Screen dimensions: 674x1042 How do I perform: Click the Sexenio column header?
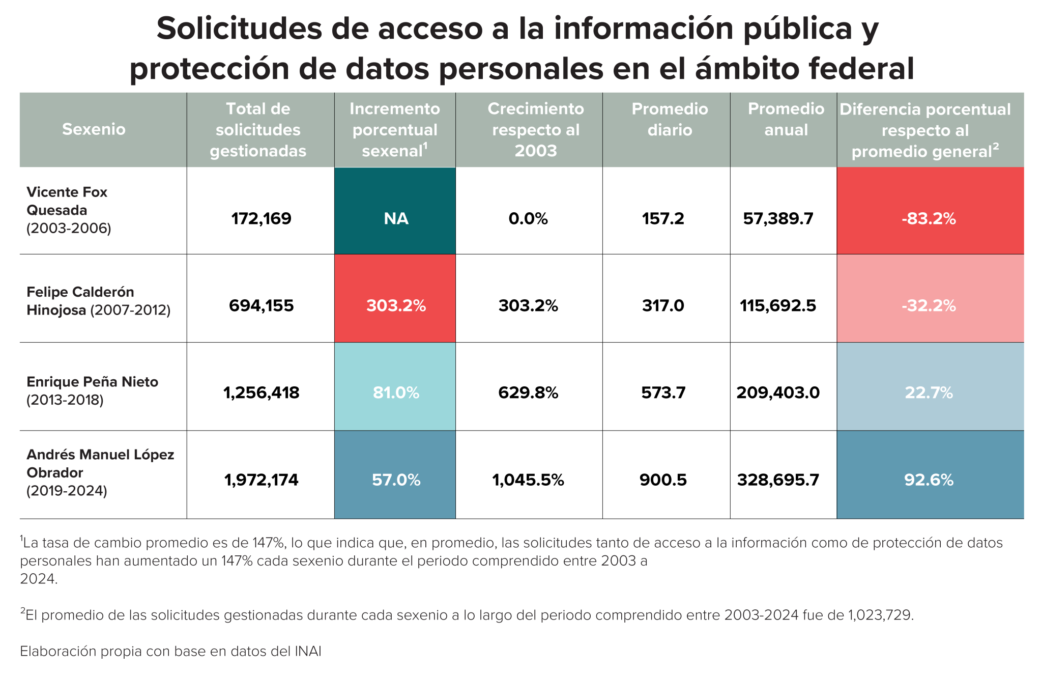pyautogui.click(x=94, y=129)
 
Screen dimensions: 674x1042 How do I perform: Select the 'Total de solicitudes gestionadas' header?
pyautogui.click(x=258, y=130)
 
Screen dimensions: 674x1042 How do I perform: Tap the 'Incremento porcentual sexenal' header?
pyautogui.click(x=395, y=130)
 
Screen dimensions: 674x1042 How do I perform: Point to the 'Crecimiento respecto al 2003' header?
pyautogui.click(x=535, y=130)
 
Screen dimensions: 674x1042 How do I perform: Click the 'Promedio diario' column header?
pyautogui.click(x=670, y=120)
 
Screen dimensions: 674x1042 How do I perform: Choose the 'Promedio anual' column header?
pyautogui.click(x=786, y=120)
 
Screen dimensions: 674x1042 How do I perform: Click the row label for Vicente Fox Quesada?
pyautogui.click(x=68, y=210)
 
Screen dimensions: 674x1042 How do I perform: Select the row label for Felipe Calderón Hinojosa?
pyautogui.click(x=98, y=301)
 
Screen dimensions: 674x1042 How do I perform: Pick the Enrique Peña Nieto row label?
pyautogui.click(x=92, y=390)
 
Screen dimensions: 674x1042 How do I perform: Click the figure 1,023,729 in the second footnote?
pyautogui.click(x=880, y=615)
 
